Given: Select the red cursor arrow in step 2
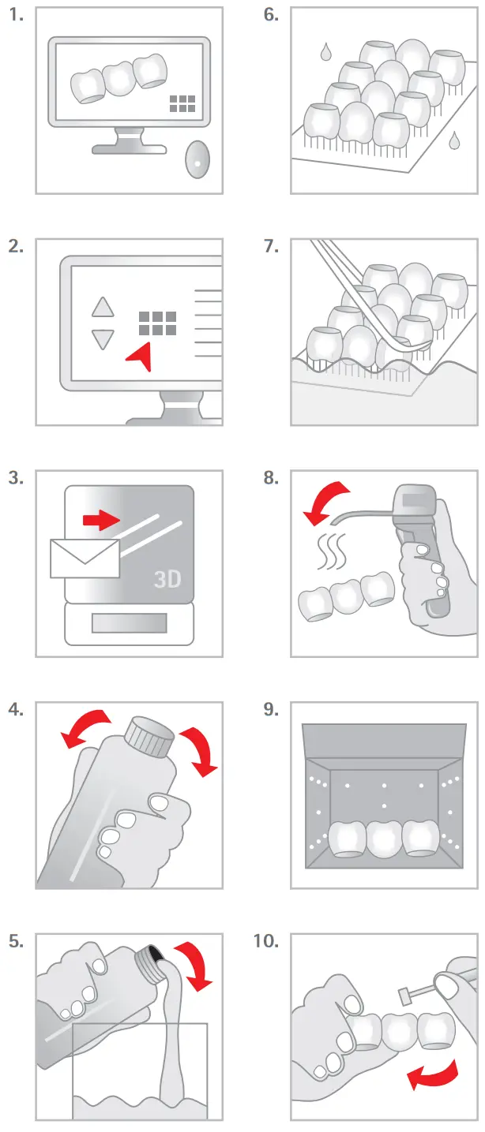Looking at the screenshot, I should (140, 357).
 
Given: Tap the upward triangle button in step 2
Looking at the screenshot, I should (103, 307).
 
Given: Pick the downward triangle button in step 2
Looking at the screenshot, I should (103, 339).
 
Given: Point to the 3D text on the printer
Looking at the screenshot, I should (167, 580).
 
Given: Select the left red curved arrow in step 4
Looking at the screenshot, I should (85, 729).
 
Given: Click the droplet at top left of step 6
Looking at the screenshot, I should (326, 53).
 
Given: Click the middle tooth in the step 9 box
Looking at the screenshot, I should (385, 839).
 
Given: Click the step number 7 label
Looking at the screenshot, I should (271, 246).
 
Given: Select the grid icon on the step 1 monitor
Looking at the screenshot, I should (182, 103).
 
